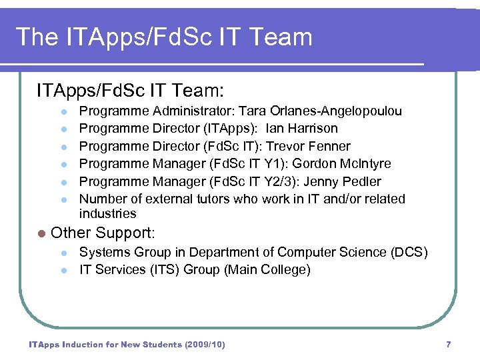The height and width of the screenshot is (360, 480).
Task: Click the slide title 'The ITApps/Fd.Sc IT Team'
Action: (x=164, y=37)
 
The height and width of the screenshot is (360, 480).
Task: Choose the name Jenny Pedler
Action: (x=342, y=181)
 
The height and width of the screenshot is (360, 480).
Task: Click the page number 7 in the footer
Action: (x=448, y=344)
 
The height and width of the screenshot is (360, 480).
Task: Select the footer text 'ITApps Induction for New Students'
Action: (x=105, y=344)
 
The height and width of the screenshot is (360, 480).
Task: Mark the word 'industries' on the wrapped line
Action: (x=107, y=213)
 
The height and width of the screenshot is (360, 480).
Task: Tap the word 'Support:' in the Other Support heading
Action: (x=125, y=233)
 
